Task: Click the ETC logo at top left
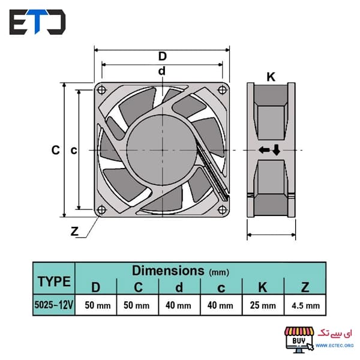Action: [x=37, y=22]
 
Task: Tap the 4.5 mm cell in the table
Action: [x=305, y=306]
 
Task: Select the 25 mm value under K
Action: [x=263, y=305]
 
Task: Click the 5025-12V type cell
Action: [x=54, y=305]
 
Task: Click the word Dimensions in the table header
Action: [x=168, y=271]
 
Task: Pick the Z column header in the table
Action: [x=305, y=287]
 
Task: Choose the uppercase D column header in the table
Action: [x=96, y=287]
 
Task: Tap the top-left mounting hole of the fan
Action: [x=102, y=90]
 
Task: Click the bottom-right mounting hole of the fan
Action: [x=222, y=209]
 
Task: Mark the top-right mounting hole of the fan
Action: [x=222, y=90]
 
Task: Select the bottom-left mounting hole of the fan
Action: [x=101, y=209]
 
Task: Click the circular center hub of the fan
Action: [x=162, y=150]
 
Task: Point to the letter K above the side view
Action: [x=271, y=77]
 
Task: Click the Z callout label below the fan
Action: [x=74, y=231]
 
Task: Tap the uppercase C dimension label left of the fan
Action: [x=56, y=150]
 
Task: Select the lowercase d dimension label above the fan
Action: [x=162, y=71]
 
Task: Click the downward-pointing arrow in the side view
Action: [x=277, y=149]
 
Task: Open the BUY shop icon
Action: [x=299, y=340]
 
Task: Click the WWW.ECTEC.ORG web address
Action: [x=335, y=346]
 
